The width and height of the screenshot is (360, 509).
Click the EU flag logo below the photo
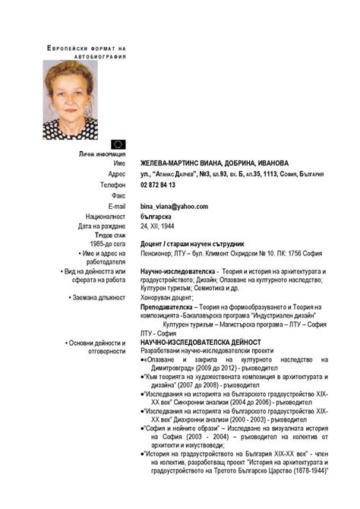[x=118, y=144]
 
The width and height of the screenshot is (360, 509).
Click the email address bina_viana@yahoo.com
[x=174, y=206]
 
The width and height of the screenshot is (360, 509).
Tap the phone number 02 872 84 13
[x=158, y=185]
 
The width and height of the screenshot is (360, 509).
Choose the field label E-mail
[x=116, y=206]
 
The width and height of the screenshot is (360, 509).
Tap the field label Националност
[x=105, y=217]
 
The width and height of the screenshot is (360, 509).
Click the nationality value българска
[x=156, y=217]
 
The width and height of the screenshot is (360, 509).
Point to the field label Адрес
[x=115, y=174]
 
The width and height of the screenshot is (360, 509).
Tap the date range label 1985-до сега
[x=107, y=244]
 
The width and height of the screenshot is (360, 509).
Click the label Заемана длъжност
[x=96, y=298]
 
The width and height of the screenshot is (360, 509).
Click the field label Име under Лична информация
[x=118, y=163]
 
